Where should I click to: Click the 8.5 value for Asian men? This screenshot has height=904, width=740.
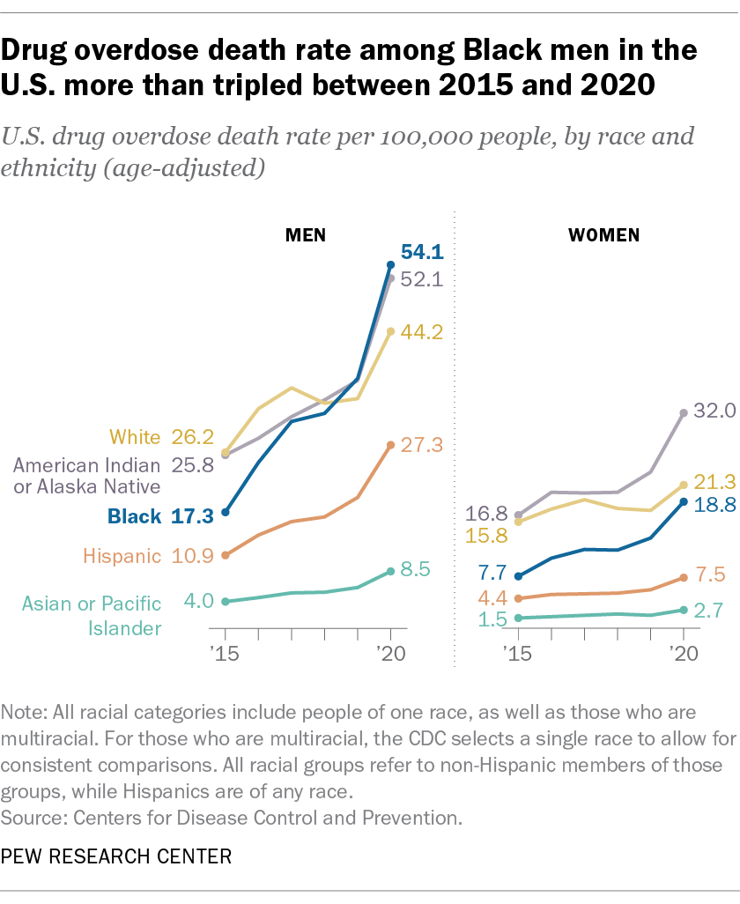[x=415, y=569]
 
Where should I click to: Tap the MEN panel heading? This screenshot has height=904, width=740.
[x=305, y=235]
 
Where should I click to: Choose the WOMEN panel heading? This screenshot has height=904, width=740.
[x=604, y=235]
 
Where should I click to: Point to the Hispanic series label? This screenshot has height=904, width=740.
[x=122, y=556]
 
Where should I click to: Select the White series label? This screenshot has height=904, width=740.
[x=135, y=437]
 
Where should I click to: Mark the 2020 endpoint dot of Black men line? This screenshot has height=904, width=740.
[x=391, y=264]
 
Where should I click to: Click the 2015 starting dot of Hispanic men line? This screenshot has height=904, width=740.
[x=226, y=555]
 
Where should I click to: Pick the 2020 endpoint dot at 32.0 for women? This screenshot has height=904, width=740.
[x=684, y=411]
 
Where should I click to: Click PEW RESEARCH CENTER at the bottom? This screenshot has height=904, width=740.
[x=118, y=856]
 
